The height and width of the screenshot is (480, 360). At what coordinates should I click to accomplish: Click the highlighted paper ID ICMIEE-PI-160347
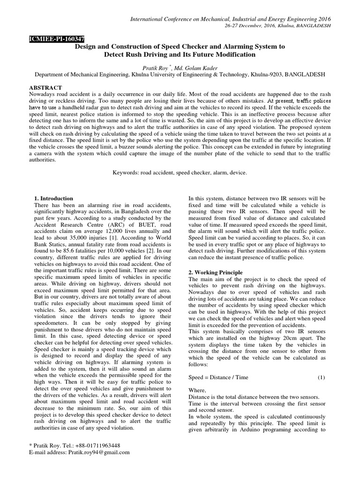tap(55, 40)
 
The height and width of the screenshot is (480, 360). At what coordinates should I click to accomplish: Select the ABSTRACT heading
tap(46, 88)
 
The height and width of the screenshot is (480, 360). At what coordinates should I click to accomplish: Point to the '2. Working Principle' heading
tap(216, 272)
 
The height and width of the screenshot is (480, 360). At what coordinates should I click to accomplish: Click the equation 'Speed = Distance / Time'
tap(218, 377)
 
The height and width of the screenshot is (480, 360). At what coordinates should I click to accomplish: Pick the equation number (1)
tap(321, 377)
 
